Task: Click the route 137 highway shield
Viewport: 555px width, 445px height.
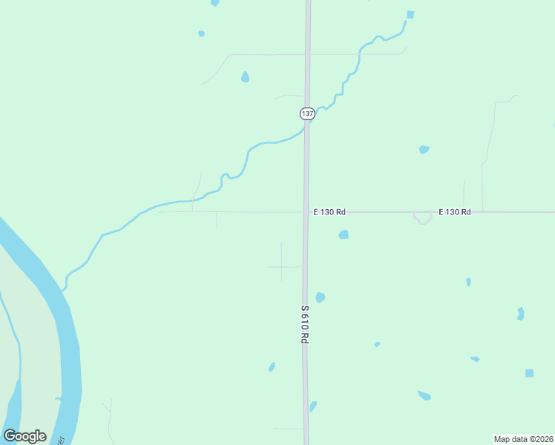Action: coord(307,113)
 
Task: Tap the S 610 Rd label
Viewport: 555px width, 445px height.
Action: coord(304,323)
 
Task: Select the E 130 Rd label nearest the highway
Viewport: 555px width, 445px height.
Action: coord(329,212)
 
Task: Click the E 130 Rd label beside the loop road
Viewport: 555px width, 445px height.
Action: coord(454,212)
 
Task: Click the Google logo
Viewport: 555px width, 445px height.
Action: coord(24,436)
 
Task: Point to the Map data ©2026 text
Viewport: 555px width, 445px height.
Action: coord(523,438)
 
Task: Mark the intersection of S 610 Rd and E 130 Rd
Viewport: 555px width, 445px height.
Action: coord(306,212)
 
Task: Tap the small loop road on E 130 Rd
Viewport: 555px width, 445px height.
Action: coord(423,218)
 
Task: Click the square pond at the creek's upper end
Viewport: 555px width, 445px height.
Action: coord(410,14)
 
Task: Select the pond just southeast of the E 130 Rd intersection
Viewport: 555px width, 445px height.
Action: coord(344,234)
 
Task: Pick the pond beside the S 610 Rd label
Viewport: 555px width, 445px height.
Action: coord(320,297)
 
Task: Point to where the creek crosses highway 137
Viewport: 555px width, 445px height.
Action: coord(306,128)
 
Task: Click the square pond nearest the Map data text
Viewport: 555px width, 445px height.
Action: coord(529,373)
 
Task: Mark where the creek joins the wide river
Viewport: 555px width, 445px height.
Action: coord(64,289)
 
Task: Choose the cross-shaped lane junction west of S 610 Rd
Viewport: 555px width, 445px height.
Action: coord(281,266)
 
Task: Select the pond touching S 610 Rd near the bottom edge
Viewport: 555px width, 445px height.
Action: coord(313,406)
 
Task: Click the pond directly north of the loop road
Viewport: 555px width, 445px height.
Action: coord(424,149)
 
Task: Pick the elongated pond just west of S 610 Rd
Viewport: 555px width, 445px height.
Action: coord(272,366)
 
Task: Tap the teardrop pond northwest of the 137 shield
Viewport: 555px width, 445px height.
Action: coord(245,76)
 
